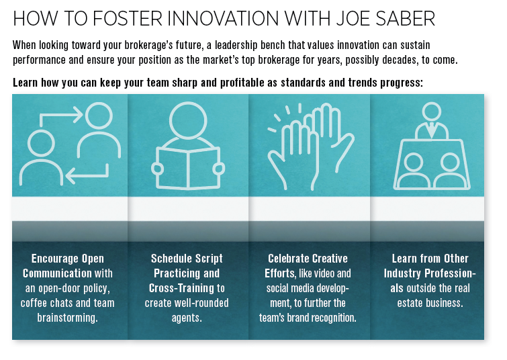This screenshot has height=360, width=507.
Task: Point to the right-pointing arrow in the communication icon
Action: (59, 117)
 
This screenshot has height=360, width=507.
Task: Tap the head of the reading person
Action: (188, 118)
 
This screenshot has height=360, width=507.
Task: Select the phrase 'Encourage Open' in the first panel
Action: (68, 259)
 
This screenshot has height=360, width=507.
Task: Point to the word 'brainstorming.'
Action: (68, 318)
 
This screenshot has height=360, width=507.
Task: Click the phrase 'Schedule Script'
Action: (187, 259)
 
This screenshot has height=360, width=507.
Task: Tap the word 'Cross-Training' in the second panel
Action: (177, 288)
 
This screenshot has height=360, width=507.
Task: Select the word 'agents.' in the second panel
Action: (187, 318)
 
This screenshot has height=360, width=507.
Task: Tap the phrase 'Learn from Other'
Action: (430, 259)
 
